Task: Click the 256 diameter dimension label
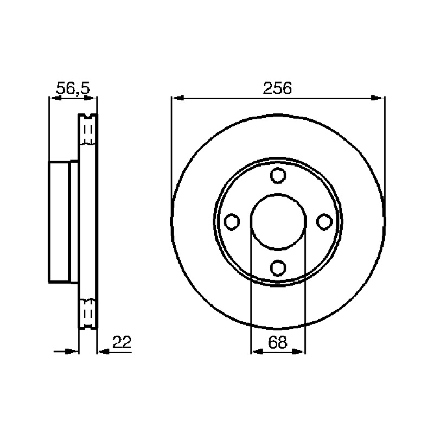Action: click(x=277, y=88)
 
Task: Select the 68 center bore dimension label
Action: click(x=277, y=342)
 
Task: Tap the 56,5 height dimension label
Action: click(x=73, y=88)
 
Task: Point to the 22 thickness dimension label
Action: click(x=122, y=342)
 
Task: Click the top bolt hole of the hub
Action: click(x=278, y=175)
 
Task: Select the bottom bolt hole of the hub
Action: click(x=278, y=268)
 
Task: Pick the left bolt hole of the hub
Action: click(x=232, y=222)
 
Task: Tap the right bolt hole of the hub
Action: click(x=324, y=222)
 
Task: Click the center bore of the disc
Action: click(x=278, y=222)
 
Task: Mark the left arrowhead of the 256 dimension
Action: click(x=178, y=98)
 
